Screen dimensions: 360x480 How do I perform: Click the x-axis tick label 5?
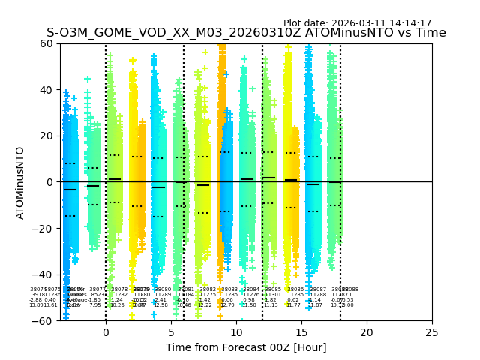point(171,332)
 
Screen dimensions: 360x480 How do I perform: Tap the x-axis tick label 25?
point(432,332)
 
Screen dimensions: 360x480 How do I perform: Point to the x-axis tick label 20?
point(367,332)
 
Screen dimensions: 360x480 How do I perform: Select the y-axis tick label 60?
point(46,43)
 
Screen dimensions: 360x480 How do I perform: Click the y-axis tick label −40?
point(43,274)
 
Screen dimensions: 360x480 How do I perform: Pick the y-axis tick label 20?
point(46,136)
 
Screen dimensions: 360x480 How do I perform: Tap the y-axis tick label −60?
point(43,320)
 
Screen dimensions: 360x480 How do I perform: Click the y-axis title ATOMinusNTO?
point(21,182)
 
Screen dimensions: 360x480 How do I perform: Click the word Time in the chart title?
point(430,34)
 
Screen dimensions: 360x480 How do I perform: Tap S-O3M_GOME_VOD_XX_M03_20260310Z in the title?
point(159,34)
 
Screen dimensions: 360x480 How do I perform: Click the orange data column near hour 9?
point(221,150)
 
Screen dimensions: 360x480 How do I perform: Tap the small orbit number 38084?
point(251,289)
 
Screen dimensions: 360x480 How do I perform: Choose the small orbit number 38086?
point(295,289)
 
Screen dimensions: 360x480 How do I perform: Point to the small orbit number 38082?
point(208,289)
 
